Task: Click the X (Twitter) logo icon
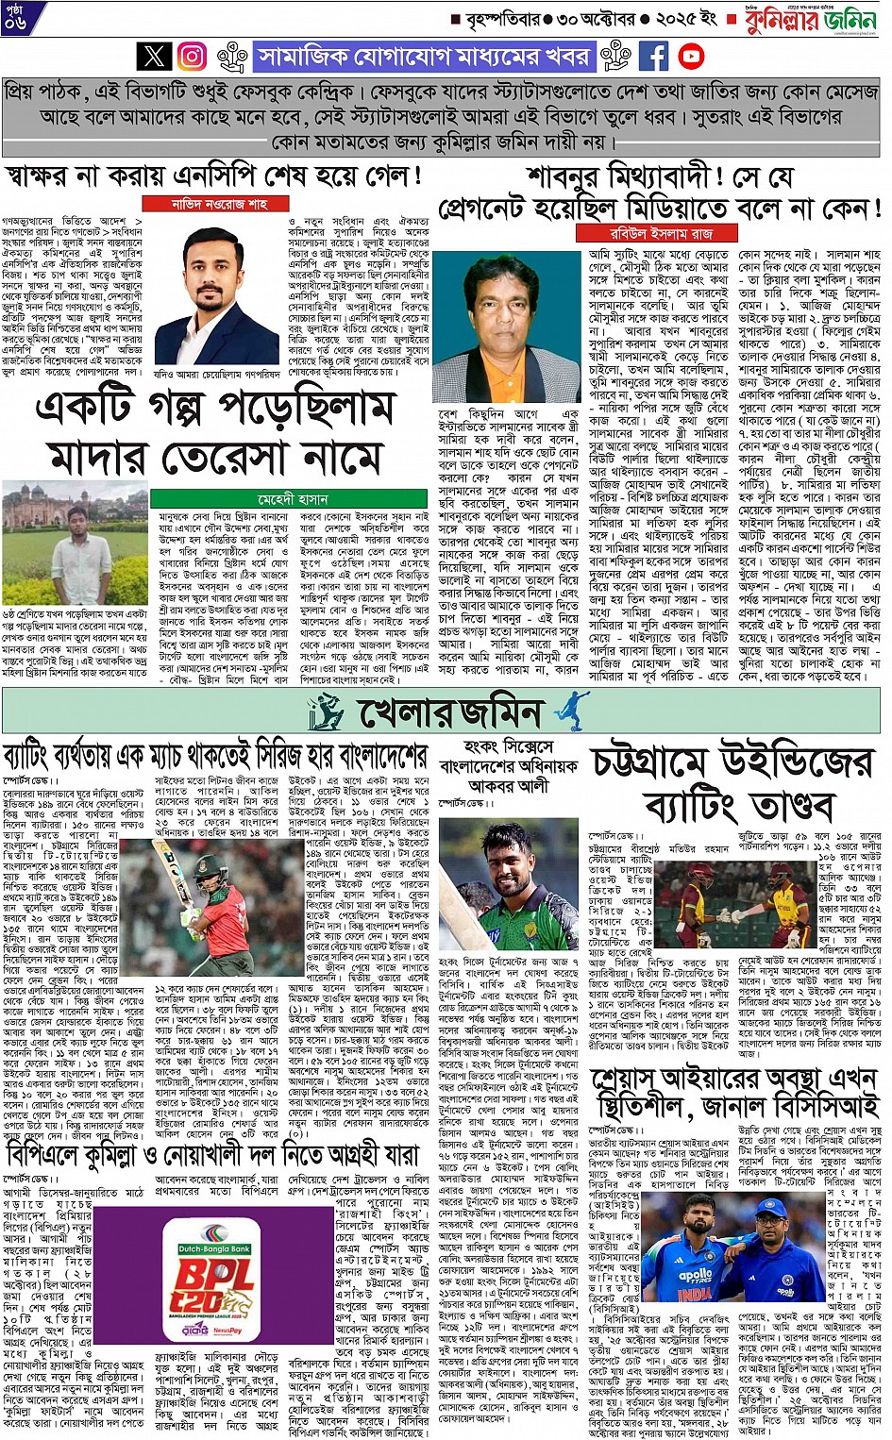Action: (x=155, y=57)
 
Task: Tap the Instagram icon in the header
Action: (x=193, y=57)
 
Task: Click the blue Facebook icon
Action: (x=653, y=57)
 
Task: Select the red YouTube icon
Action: (x=691, y=57)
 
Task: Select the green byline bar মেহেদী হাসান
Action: (x=293, y=498)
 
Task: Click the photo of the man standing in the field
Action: (x=75, y=544)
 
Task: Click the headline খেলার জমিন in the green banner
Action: (x=450, y=712)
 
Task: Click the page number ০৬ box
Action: (x=15, y=19)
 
